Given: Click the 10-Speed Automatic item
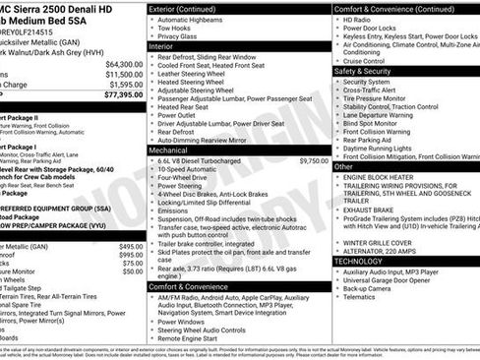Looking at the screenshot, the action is click(x=190, y=169).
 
